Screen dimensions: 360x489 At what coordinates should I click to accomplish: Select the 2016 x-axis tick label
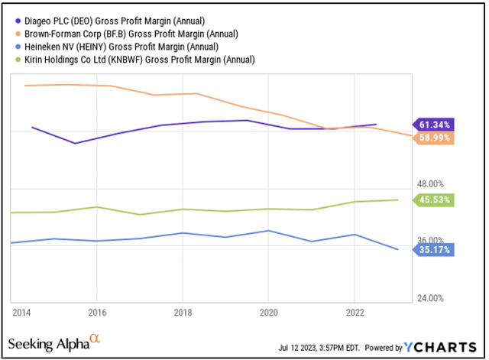click(x=96, y=313)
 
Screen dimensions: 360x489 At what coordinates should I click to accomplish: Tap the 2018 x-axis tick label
click(x=182, y=313)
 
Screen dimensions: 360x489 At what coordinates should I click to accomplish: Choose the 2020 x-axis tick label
click(x=267, y=313)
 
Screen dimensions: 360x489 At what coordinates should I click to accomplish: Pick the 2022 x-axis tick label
click(x=353, y=313)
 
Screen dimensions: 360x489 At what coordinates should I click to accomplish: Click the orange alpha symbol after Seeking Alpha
click(x=94, y=339)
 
